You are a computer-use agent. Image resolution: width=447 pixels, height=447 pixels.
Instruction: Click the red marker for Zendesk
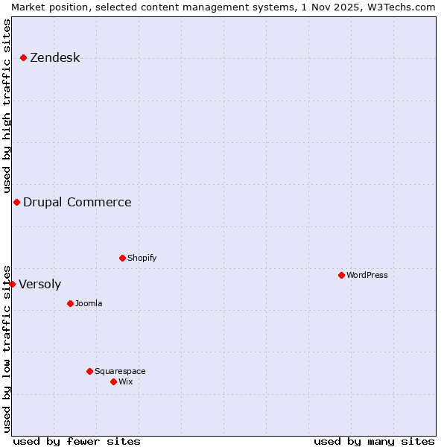pyautogui.click(x=23, y=57)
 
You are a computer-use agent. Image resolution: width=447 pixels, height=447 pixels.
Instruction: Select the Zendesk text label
pyautogui.click(x=54, y=58)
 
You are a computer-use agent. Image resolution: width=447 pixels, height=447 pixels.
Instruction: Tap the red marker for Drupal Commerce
pyautogui.click(x=16, y=202)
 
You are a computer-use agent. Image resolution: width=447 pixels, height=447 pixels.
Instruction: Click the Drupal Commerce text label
pyautogui.click(x=77, y=202)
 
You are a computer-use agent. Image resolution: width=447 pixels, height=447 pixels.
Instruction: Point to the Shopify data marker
pyautogui.click(x=122, y=258)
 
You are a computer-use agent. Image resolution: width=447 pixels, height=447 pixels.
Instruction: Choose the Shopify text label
pyautogui.click(x=142, y=258)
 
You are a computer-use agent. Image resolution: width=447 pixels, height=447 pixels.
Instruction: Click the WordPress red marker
pyautogui.click(x=341, y=275)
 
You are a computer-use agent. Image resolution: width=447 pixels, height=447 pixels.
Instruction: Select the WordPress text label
pyautogui.click(x=367, y=275)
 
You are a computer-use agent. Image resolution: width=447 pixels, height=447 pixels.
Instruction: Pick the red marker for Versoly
pyautogui.click(x=12, y=284)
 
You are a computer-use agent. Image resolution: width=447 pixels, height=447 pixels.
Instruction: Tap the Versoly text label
pyautogui.click(x=39, y=284)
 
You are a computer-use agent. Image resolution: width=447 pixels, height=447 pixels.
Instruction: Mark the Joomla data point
pyautogui.click(x=70, y=303)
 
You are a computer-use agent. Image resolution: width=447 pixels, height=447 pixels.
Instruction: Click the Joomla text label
pyautogui.click(x=89, y=303)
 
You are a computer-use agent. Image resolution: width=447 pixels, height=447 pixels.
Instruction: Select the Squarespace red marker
pyautogui.click(x=89, y=371)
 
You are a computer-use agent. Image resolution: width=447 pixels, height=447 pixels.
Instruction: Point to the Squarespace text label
pyautogui.click(x=120, y=371)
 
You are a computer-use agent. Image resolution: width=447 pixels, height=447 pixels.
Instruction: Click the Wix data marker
pyautogui.click(x=113, y=381)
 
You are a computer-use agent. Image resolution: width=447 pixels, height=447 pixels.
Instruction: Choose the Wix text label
pyautogui.click(x=125, y=381)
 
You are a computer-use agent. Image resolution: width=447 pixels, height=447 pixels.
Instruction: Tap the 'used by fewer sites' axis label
pyautogui.click(x=77, y=441)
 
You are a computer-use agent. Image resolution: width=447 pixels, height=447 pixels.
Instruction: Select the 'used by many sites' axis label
pyautogui.click(x=374, y=441)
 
